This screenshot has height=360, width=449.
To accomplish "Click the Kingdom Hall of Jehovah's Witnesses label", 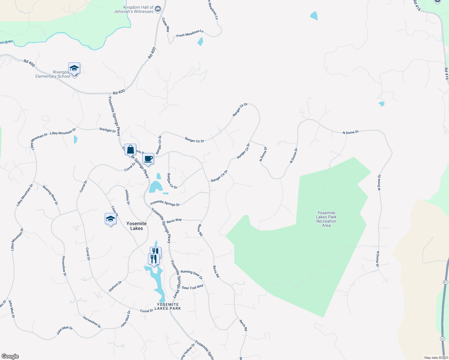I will click(134, 9).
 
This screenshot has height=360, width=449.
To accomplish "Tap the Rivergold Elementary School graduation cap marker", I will click(74, 69).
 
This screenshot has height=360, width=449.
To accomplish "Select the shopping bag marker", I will click(130, 149).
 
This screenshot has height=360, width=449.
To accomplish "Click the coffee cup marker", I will click(148, 159).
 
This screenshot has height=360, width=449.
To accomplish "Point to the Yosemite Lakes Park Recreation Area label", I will click(326, 219).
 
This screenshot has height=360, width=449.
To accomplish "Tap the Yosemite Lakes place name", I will click(137, 226).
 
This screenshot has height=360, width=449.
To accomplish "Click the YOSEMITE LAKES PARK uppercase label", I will click(168, 306).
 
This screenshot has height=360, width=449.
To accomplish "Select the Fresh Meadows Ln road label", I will click(190, 33).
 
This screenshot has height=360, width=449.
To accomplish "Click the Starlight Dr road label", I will click(107, 130).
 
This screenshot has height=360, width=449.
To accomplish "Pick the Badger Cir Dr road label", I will click(172, 181).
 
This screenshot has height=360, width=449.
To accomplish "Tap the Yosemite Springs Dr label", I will click(165, 203).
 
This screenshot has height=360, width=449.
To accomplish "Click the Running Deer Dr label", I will click(191, 274).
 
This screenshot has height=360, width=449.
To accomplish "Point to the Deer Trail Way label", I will click(192, 287).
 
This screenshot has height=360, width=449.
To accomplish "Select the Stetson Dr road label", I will click(115, 286).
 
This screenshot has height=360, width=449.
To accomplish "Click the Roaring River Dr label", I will click(50, 195).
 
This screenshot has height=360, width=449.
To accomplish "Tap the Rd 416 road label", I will click(447, 73).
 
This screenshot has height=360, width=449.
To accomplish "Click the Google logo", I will click(10, 356).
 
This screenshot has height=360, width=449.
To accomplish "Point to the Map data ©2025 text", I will click(436, 358).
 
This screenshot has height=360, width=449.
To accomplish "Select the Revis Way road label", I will click(174, 220).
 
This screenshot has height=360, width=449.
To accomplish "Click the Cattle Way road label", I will click(166, 25).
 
